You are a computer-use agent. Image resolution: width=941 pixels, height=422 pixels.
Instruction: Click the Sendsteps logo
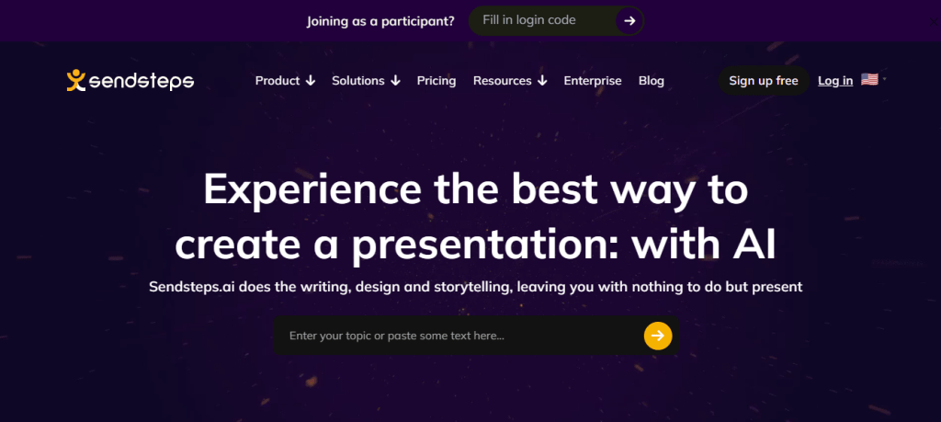[x=130, y=80]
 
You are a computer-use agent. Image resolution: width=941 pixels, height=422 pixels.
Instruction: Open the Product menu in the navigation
[x=285, y=80]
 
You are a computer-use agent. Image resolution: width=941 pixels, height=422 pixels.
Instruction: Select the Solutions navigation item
[x=366, y=80]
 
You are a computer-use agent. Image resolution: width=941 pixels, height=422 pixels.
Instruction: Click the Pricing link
[x=436, y=80]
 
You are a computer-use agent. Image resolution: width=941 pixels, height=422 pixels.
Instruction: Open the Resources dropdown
[x=510, y=80]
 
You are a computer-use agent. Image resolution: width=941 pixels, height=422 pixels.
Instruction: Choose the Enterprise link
[x=593, y=80]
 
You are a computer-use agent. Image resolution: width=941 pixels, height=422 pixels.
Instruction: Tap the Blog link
[x=652, y=80]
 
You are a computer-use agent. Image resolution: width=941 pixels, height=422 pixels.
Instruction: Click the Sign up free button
[x=764, y=80]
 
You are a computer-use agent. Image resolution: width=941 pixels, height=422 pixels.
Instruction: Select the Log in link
[x=835, y=80]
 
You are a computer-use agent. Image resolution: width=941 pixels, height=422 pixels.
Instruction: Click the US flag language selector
[x=869, y=79]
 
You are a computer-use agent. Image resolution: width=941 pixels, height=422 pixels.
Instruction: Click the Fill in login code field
[x=540, y=20]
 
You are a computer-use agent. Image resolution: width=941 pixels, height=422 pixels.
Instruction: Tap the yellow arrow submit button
[x=658, y=335]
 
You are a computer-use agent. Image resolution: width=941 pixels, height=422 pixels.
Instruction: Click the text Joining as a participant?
[x=380, y=21]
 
